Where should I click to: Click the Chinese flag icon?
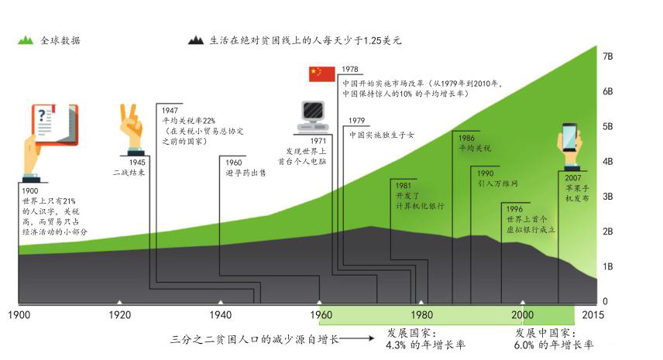point(321,74)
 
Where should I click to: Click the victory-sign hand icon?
point(131,127)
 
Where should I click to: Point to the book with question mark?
point(55,125)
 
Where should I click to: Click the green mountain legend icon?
point(26,40)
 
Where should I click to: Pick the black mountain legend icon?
point(196,40)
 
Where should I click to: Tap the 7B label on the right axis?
point(607,57)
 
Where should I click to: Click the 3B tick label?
point(607,197)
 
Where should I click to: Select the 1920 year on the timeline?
point(119,315)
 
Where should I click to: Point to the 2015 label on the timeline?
point(593,315)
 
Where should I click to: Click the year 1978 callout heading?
point(350,69)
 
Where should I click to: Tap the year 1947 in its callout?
point(170,110)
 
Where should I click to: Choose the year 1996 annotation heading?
point(514,209)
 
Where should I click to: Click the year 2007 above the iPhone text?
point(573,178)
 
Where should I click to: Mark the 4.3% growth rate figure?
point(396,345)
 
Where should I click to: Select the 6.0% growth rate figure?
point(524,345)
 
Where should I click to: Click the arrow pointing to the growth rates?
point(356,338)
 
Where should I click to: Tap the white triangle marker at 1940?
point(220,302)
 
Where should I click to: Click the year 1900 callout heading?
point(30,191)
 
